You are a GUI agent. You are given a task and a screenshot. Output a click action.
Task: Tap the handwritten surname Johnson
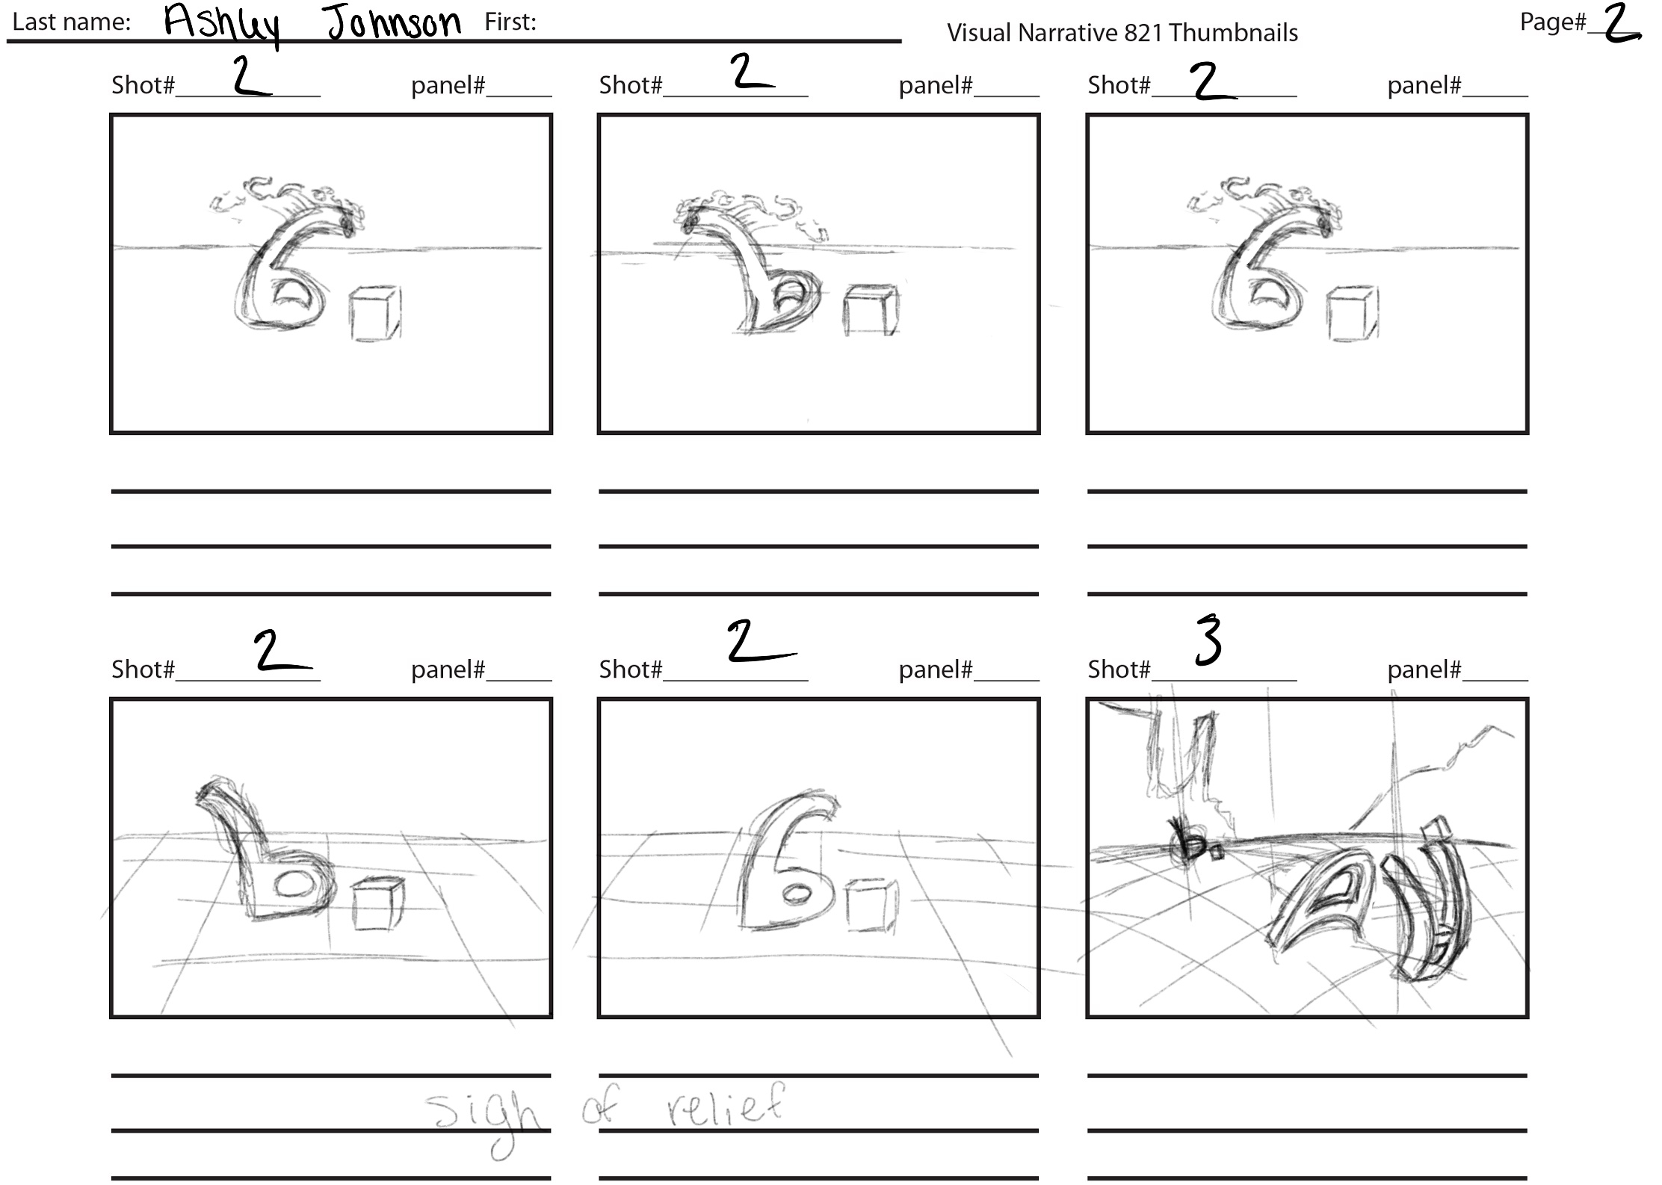(x=394, y=22)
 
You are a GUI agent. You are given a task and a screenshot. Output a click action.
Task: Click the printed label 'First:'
(x=510, y=22)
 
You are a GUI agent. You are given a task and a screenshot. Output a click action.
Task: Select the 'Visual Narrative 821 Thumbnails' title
(x=1122, y=33)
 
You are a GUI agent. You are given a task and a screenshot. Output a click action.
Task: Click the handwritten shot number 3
(x=1208, y=640)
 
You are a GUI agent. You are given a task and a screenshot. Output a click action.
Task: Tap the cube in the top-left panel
(x=375, y=313)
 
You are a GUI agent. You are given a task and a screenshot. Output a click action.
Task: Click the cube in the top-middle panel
(x=871, y=310)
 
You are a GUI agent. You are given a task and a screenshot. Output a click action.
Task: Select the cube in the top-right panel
(x=1353, y=313)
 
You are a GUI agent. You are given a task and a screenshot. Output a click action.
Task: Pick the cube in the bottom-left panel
(x=378, y=904)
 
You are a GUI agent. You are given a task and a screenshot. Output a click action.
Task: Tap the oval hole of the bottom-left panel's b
(x=292, y=884)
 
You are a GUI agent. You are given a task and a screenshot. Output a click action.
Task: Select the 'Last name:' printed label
(x=72, y=22)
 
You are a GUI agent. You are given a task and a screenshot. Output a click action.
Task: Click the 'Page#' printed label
(x=1553, y=22)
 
